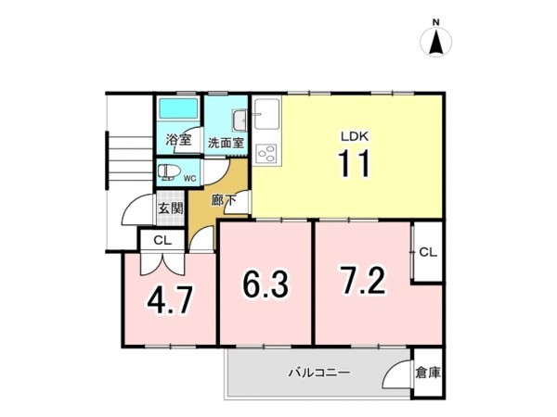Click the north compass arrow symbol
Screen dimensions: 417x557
pos(434,43)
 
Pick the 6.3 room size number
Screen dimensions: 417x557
pos(264,282)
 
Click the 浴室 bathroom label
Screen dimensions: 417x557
pos(178,142)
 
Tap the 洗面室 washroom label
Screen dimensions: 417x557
pos(225,143)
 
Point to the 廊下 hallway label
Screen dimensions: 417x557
pos(223,199)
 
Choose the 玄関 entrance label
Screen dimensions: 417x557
pos(169,208)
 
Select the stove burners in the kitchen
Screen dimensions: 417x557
pos(266,153)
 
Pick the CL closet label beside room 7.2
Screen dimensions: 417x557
pos(427,252)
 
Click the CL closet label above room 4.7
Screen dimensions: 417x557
pos(162,240)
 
